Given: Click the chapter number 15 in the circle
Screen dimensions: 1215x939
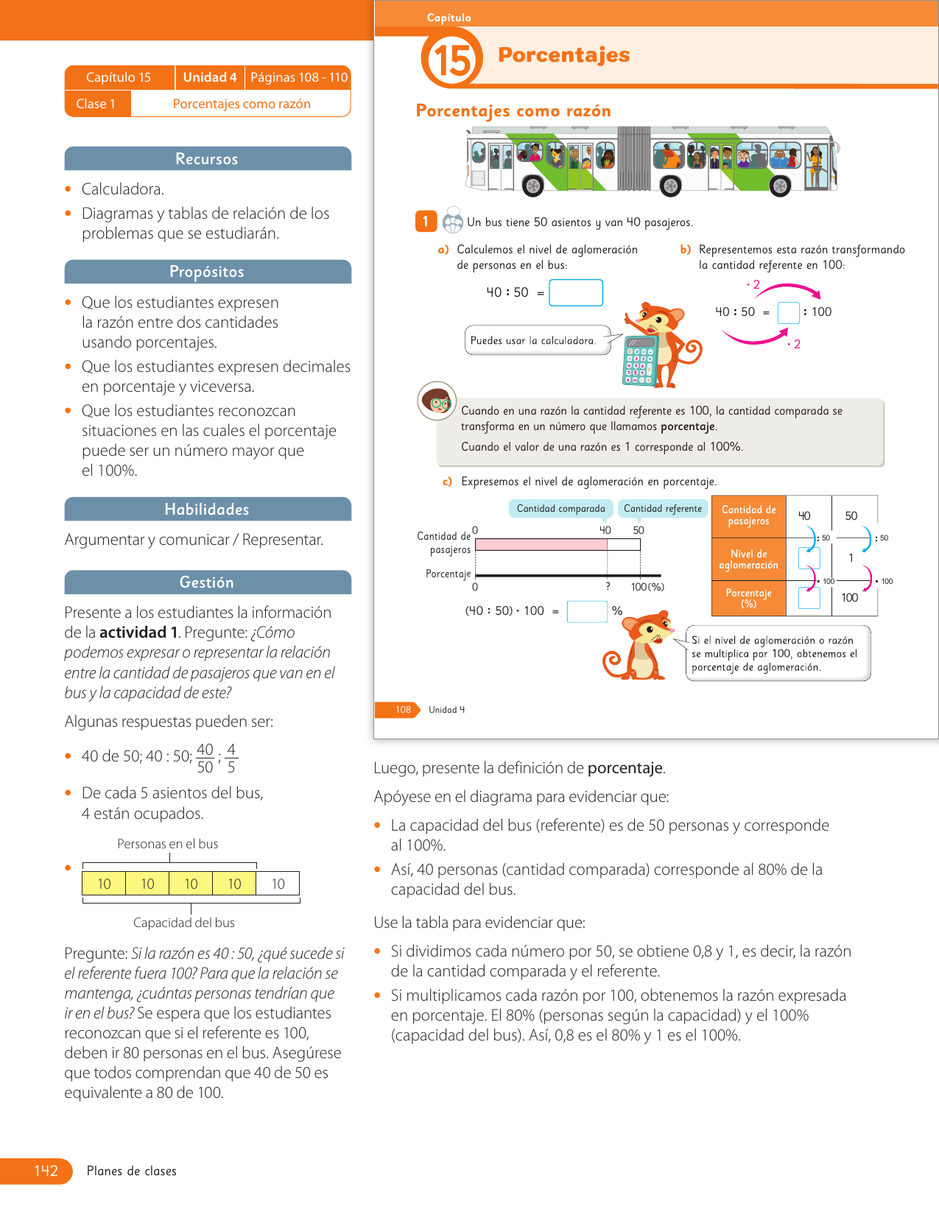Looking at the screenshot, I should [x=451, y=59].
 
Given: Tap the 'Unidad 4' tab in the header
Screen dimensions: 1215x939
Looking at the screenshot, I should [x=210, y=77].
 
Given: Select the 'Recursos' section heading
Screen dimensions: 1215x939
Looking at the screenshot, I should [x=207, y=159].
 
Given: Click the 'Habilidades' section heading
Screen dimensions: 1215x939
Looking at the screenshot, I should [x=207, y=510].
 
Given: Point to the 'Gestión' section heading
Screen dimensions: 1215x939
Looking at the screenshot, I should [x=207, y=582].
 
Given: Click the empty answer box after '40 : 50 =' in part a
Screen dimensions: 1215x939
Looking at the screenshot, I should [x=576, y=292].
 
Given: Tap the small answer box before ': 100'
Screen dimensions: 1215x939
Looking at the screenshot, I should [x=788, y=312].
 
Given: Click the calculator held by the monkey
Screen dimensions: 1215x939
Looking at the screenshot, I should [x=639, y=360].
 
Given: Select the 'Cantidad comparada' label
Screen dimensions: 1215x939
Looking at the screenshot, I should [x=560, y=509].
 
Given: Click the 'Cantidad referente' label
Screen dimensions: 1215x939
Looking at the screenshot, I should [x=663, y=509].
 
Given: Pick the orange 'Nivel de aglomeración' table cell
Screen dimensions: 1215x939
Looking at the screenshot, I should [x=748, y=560].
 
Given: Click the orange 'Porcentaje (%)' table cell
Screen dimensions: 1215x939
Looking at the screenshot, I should [x=748, y=598].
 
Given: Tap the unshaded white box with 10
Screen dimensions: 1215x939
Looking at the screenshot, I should [x=278, y=884].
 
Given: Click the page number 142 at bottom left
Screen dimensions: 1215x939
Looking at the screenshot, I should [x=46, y=1171].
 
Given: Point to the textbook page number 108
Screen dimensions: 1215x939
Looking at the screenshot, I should [x=403, y=710].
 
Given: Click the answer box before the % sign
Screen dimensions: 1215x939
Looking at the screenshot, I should [x=587, y=611].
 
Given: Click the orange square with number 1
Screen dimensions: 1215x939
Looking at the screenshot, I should [x=426, y=222].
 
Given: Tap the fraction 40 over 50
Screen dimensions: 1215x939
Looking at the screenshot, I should [x=205, y=758].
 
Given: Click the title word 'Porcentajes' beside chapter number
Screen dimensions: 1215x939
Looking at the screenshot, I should [x=564, y=55].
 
